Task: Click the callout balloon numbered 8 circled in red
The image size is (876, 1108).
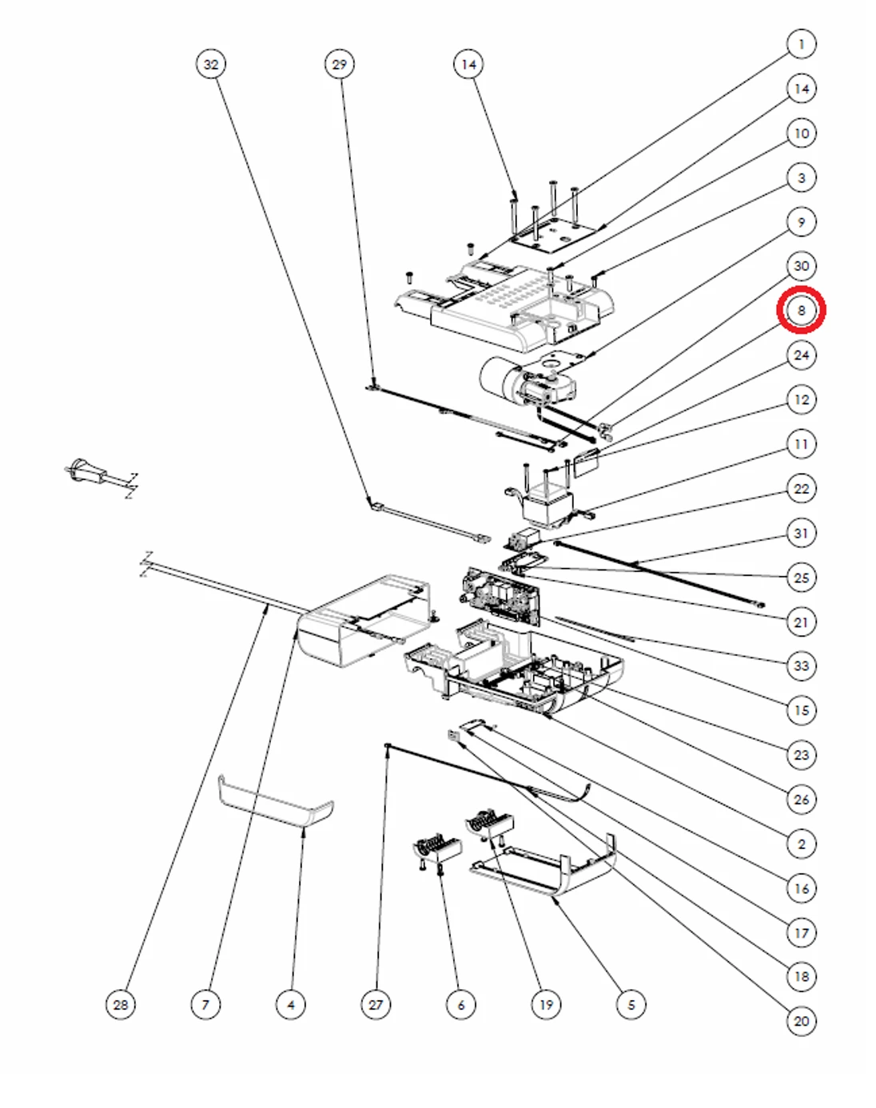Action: pos(801,311)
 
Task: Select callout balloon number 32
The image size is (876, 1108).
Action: pos(211,64)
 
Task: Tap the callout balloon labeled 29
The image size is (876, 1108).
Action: pos(340,64)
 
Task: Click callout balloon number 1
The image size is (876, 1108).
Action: pos(801,44)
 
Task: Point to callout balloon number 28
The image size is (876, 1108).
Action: pos(121,1004)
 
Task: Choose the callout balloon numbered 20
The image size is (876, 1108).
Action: pos(801,1020)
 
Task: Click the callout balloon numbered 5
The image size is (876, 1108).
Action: pos(631,1004)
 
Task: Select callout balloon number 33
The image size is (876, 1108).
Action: pos(801,665)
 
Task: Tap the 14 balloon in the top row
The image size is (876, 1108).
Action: pos(468,64)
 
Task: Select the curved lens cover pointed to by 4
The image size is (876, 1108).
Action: pos(276,802)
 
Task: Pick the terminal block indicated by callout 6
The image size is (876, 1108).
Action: pos(436,848)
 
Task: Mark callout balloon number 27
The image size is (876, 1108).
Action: pos(376,1004)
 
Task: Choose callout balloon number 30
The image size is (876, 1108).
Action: pos(801,266)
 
